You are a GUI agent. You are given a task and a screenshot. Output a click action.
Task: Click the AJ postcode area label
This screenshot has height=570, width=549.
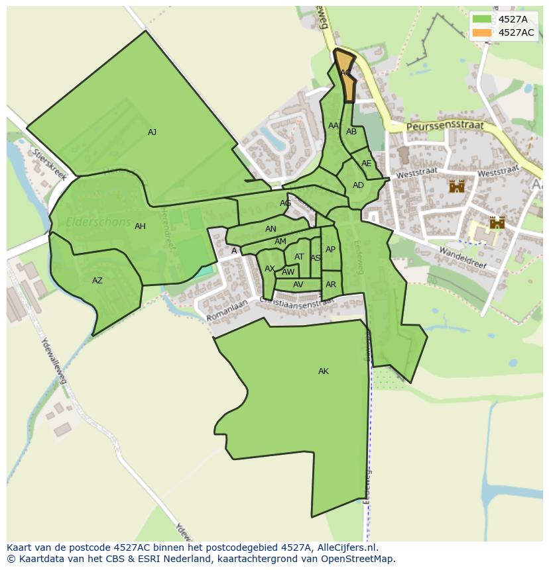(x=152, y=132)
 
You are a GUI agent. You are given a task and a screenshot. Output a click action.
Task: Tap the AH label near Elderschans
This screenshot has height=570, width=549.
(x=140, y=226)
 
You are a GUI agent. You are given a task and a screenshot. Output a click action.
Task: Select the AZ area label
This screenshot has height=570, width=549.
(x=97, y=281)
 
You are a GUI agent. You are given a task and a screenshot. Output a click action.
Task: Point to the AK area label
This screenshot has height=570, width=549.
(x=324, y=371)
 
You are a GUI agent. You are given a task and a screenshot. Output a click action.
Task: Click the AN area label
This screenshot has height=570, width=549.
(x=271, y=229)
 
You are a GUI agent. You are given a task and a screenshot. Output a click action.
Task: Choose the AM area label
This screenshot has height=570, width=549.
(x=280, y=242)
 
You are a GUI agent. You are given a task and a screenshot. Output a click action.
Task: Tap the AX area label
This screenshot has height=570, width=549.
(x=270, y=269)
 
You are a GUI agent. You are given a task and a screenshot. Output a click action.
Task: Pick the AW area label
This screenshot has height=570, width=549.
(x=288, y=272)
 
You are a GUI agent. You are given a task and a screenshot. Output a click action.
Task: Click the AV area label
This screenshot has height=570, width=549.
(x=298, y=285)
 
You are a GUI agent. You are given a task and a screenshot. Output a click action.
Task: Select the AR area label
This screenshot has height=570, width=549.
(x=331, y=285)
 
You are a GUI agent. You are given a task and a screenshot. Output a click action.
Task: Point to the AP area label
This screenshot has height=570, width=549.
(x=330, y=250)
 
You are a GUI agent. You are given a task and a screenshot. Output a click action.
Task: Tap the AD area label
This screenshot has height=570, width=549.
(x=358, y=185)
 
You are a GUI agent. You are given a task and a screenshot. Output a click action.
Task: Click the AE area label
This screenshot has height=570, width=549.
(x=367, y=164)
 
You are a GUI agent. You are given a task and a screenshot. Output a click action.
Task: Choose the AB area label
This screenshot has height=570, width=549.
(x=351, y=132)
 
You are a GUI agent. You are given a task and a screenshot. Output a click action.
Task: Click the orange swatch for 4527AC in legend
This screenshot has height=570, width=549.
(x=482, y=32)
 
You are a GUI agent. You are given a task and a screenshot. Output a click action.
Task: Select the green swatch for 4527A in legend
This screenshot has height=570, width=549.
(x=482, y=19)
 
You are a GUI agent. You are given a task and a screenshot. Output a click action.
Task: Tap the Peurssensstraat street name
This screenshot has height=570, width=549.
(x=446, y=126)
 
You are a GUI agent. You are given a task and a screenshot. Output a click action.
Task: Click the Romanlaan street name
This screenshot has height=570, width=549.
(x=227, y=310)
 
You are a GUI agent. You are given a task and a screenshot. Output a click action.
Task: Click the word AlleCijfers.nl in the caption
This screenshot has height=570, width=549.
(x=345, y=547)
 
